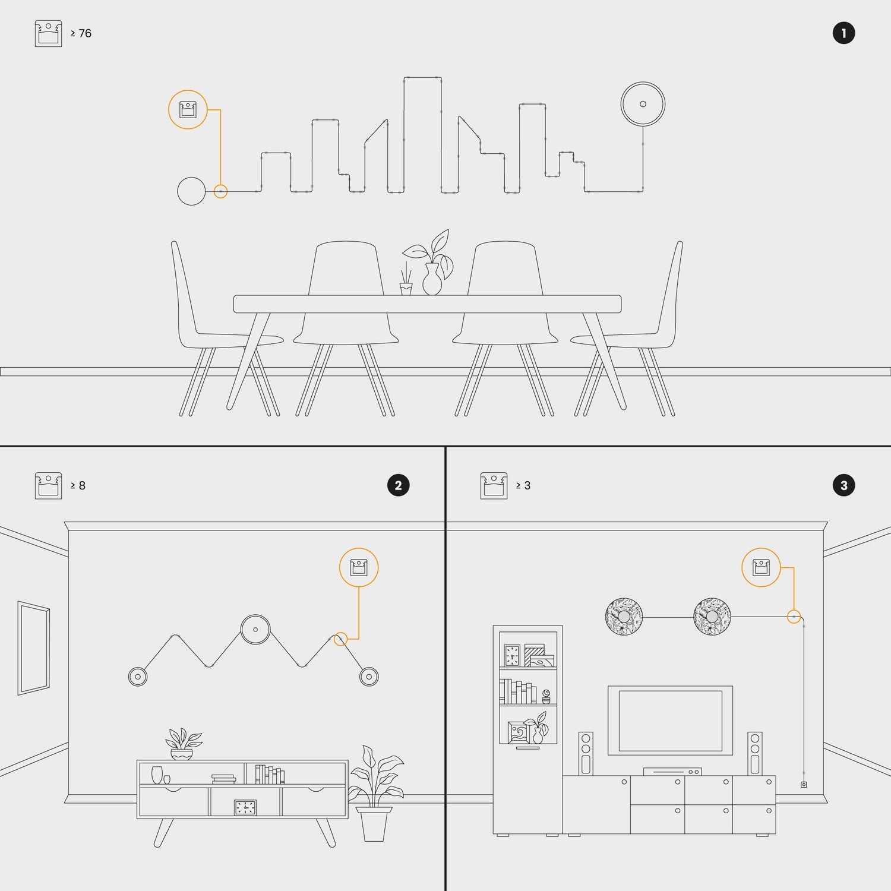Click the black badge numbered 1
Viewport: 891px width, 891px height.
pyautogui.click(x=843, y=33)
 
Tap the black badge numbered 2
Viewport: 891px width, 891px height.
pyautogui.click(x=398, y=485)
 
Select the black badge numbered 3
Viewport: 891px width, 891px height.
pyautogui.click(x=843, y=485)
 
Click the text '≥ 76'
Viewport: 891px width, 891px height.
pyautogui.click(x=81, y=33)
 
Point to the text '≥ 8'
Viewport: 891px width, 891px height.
pyautogui.click(x=78, y=485)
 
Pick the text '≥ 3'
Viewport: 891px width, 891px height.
pyautogui.click(x=523, y=485)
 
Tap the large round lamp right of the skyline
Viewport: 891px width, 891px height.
pyautogui.click(x=643, y=104)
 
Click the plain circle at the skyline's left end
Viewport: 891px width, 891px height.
pyautogui.click(x=191, y=191)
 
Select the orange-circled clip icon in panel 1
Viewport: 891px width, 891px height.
pyautogui.click(x=188, y=110)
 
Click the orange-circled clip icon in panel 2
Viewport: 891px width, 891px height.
pyautogui.click(x=359, y=567)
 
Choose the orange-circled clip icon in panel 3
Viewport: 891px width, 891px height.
pyautogui.click(x=761, y=567)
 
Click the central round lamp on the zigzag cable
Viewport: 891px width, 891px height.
pyautogui.click(x=255, y=630)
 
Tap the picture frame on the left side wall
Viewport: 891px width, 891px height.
pyautogui.click(x=34, y=648)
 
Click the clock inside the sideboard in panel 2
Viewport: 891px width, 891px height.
pyautogui.click(x=245, y=807)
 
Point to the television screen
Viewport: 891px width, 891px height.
pyautogui.click(x=670, y=721)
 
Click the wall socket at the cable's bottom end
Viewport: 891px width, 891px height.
pyautogui.click(x=804, y=785)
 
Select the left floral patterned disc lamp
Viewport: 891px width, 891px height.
pyautogui.click(x=624, y=617)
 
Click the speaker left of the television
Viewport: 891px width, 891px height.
pyautogui.click(x=586, y=753)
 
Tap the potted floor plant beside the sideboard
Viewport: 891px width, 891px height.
pyautogui.click(x=375, y=794)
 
